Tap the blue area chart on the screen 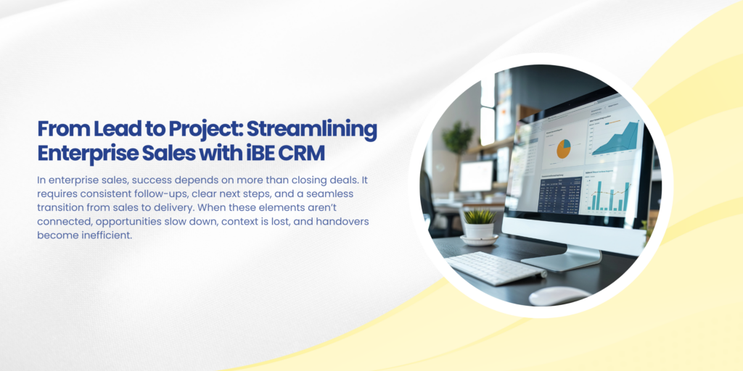tap(615, 137)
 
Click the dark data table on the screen tap(559, 194)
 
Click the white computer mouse tap(559, 296)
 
